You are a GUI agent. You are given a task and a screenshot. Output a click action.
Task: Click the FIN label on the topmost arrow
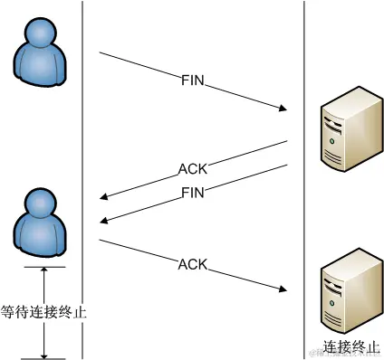coord(193,81)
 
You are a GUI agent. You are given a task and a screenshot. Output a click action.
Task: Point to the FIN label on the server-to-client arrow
coord(193,193)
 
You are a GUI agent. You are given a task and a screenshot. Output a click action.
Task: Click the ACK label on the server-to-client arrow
coord(192,169)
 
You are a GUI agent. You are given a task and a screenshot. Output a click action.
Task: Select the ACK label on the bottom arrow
coord(192,264)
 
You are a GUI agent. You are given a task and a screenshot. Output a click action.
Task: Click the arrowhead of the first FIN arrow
coord(283,110)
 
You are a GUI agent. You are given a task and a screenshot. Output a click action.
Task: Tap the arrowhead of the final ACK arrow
coord(283,291)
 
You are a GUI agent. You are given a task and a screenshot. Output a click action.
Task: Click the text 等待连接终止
coord(42,311)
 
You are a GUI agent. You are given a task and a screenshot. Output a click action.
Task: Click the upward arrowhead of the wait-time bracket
coord(43,271)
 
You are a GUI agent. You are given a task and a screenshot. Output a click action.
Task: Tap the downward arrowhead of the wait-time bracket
coord(43,354)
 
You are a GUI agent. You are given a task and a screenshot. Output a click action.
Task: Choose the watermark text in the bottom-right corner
coord(349,354)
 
